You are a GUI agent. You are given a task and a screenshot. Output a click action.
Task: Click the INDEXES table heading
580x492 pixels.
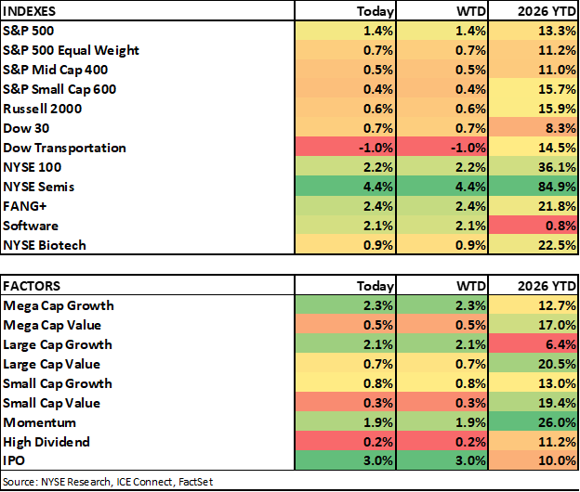(x=29, y=11)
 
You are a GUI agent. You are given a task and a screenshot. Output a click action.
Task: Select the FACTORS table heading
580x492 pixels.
(x=32, y=286)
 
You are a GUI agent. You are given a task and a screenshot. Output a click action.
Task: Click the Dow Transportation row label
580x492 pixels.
(x=64, y=149)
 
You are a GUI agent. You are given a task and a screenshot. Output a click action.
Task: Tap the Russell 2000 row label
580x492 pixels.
(x=42, y=109)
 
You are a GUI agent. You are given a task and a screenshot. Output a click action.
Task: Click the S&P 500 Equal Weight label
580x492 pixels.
(x=71, y=51)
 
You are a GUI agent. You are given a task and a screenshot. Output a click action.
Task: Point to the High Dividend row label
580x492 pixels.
(x=46, y=442)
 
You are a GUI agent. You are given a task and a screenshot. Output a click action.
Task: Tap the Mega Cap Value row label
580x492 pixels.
(x=52, y=326)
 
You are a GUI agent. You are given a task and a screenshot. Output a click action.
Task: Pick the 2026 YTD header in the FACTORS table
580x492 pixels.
(x=547, y=286)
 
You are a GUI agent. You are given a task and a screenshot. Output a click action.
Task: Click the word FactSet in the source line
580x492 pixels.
(x=196, y=482)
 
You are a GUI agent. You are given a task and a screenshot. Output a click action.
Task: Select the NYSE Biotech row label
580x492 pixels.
(x=45, y=245)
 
